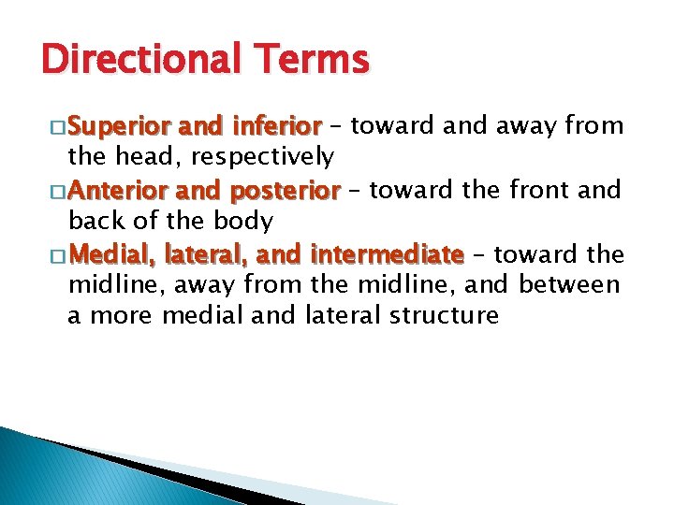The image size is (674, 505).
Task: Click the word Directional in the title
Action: point(137,60)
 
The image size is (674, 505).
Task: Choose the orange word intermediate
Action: point(387,253)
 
